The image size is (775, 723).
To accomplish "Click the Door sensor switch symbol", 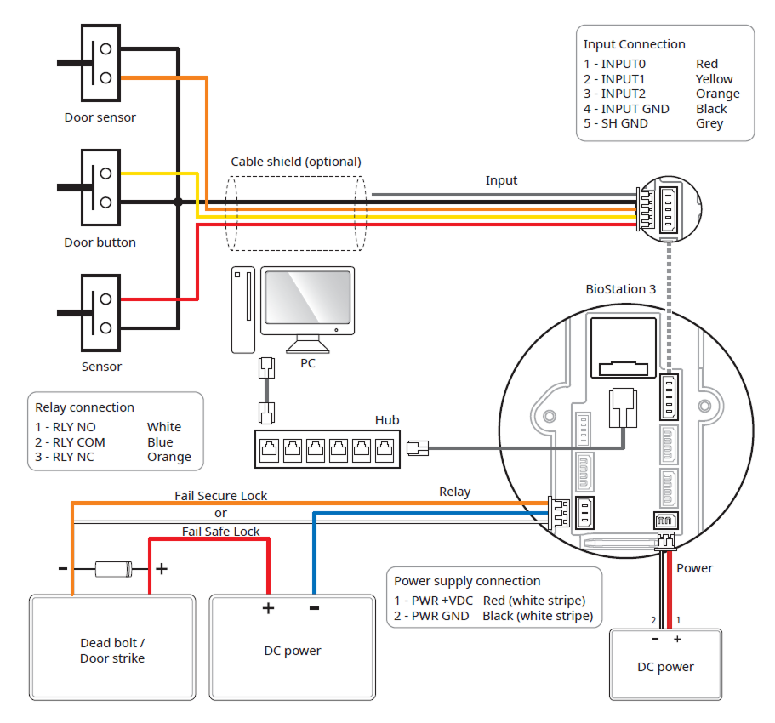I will [100, 63].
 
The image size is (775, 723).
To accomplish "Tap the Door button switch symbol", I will [100, 188].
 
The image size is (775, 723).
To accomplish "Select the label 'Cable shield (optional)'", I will [296, 162].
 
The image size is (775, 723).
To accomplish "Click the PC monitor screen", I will [305, 299].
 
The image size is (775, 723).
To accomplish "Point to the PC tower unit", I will [243, 310].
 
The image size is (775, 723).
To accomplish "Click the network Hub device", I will [327, 447].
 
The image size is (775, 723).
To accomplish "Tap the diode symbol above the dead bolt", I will [112, 568].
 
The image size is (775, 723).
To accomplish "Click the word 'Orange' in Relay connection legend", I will [169, 457].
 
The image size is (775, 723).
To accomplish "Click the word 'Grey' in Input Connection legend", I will [709, 123].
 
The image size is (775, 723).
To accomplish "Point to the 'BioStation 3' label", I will [621, 289].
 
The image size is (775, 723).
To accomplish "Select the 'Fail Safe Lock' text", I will [221, 532].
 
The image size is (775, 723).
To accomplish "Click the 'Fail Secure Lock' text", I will [221, 495].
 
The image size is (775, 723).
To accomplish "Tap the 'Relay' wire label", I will [454, 492].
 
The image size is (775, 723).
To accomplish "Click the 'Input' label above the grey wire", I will [501, 180].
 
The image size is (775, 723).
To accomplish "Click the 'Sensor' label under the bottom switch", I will [101, 367].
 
